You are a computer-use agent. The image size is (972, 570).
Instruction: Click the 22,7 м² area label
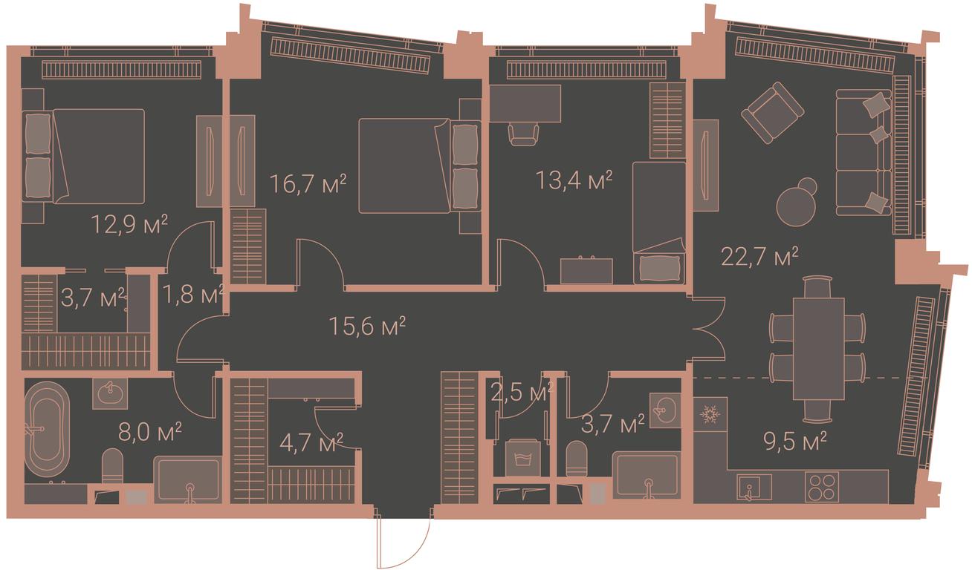[x=759, y=257]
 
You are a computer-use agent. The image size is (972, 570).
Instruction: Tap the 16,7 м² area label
[x=308, y=183]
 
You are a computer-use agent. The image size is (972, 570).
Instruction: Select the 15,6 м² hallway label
[x=367, y=326]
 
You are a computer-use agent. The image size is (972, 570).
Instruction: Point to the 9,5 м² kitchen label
[x=795, y=442]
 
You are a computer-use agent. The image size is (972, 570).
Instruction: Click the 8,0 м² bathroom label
[x=149, y=432]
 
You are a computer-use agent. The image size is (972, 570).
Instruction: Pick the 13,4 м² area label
[x=574, y=180]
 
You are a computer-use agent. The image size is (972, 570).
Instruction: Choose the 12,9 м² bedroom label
[x=129, y=224]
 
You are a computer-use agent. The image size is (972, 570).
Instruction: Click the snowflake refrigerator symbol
[x=710, y=414]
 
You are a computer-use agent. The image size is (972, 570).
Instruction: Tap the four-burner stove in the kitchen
[x=822, y=486]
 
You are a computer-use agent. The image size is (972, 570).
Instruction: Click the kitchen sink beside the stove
[x=754, y=487]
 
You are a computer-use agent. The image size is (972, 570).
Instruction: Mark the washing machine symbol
[x=524, y=458]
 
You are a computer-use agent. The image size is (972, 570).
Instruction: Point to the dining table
[x=818, y=349]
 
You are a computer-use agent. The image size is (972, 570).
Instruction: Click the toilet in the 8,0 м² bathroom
[x=112, y=466]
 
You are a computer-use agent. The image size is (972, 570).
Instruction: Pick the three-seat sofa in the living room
[x=864, y=153]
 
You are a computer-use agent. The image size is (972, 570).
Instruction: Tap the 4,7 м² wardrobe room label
[x=311, y=442]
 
